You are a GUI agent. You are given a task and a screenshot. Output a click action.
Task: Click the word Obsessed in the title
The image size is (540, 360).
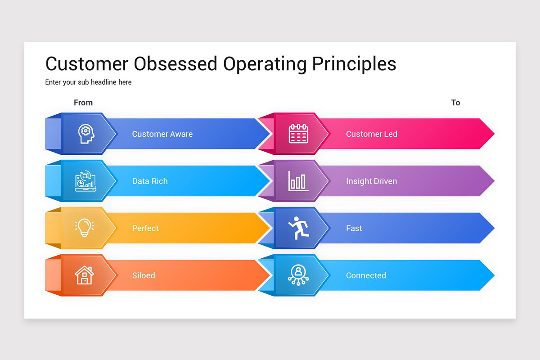point(175,64)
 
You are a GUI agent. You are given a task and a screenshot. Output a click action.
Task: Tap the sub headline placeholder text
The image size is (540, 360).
point(88,82)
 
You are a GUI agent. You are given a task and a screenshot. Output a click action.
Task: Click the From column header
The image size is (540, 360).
point(83,103)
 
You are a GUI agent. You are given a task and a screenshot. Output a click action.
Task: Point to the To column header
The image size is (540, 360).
point(455,103)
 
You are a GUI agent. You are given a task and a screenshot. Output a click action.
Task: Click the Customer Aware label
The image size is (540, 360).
point(162,134)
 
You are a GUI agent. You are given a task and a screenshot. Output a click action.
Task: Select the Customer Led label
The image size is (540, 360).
point(371,134)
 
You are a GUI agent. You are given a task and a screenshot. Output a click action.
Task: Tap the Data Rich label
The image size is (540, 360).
point(150,181)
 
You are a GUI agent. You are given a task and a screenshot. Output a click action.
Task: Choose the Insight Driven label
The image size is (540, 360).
point(371,181)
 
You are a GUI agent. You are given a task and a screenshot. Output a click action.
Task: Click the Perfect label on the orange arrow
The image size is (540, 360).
point(145,229)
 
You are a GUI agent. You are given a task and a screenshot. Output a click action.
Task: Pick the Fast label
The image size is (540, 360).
point(354,229)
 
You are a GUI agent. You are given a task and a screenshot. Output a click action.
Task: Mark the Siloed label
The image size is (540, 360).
point(144,275)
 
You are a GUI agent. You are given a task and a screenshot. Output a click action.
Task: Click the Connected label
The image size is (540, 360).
point(366,275)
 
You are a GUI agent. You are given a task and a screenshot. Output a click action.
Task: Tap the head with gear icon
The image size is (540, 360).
point(85,134)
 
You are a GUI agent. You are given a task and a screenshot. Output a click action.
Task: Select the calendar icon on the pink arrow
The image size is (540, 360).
point(298,134)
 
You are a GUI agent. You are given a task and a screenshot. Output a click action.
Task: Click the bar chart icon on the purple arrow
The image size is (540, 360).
point(298,181)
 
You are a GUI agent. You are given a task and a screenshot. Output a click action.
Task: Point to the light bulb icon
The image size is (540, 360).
point(84,228)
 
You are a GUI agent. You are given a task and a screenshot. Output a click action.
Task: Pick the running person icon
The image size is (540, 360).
point(299,228)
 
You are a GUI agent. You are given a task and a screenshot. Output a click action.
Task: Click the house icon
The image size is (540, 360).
point(84,275)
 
